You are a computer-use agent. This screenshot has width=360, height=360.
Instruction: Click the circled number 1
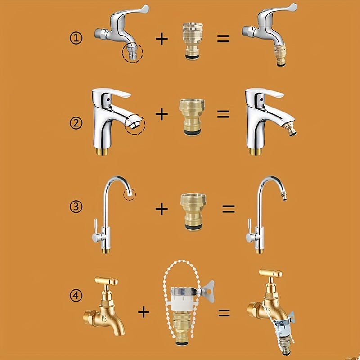click(76, 38)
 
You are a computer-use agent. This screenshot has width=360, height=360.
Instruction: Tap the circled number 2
click(76, 123)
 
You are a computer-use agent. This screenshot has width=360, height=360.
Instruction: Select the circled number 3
click(76, 207)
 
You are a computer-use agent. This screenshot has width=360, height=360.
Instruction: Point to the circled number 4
click(76, 296)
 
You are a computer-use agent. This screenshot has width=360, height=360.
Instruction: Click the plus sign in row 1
click(162, 39)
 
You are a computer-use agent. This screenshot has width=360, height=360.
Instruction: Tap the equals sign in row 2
click(223, 114)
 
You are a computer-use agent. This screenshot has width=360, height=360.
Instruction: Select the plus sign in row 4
click(144, 312)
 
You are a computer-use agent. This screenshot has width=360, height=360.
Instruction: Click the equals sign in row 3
click(229, 209)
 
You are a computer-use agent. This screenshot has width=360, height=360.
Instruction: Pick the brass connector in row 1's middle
click(193, 41)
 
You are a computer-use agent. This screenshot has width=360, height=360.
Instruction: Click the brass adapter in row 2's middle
click(193, 117)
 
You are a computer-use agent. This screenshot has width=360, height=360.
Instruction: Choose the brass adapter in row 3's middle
click(193, 212)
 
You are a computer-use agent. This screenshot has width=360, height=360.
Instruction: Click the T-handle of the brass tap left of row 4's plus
click(106, 281)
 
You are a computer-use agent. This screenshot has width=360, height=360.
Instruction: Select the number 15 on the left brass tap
click(104, 319)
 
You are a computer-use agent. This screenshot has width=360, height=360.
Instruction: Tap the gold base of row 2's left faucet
click(103, 152)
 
